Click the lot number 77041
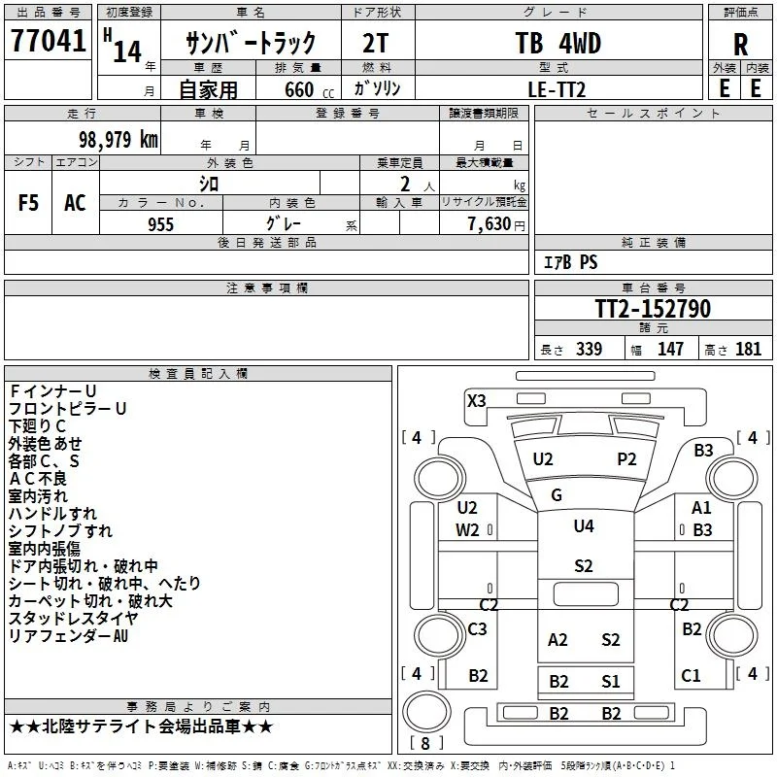(48, 41)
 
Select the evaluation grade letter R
(740, 45)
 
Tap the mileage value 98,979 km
(118, 139)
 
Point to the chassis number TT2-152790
(653, 309)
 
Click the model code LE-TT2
(557, 89)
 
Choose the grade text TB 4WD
(557, 43)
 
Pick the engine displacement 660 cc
(309, 89)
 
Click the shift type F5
(28, 203)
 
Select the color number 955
(160, 224)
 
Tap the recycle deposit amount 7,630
(490, 224)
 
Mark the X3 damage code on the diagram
(476, 400)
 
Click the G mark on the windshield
(556, 494)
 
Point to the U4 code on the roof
(584, 525)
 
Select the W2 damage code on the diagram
(467, 530)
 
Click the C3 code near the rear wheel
(477, 628)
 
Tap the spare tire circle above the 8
(426, 711)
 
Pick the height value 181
(748, 349)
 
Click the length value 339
(589, 349)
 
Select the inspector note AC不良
(38, 478)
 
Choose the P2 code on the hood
(626, 459)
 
